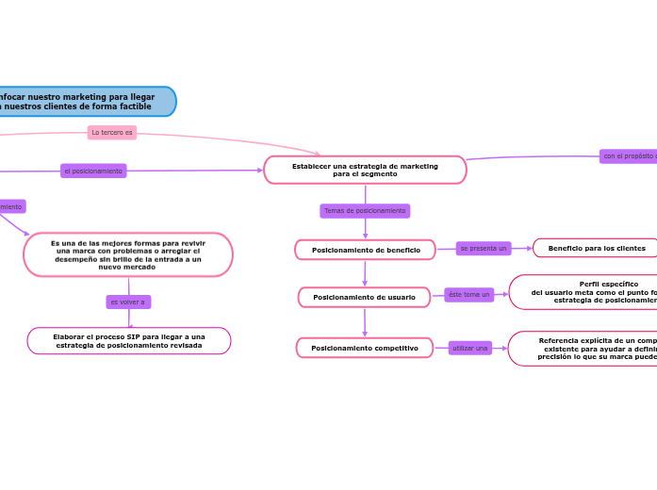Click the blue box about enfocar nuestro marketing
[x=85, y=102]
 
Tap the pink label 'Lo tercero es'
[x=112, y=133]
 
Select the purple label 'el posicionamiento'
[x=93, y=171]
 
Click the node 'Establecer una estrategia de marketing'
[x=365, y=170]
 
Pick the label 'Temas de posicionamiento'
[x=365, y=211]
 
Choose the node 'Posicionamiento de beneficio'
[x=365, y=250]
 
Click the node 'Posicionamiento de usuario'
[x=364, y=298]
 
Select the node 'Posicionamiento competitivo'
[x=364, y=348]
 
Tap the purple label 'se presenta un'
[x=484, y=248]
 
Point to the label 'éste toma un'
[x=468, y=295]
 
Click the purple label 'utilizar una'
[x=470, y=348]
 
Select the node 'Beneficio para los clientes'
[x=596, y=248]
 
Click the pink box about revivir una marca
[x=128, y=254]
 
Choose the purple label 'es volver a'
[x=128, y=302]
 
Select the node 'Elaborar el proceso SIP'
[x=129, y=341]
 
